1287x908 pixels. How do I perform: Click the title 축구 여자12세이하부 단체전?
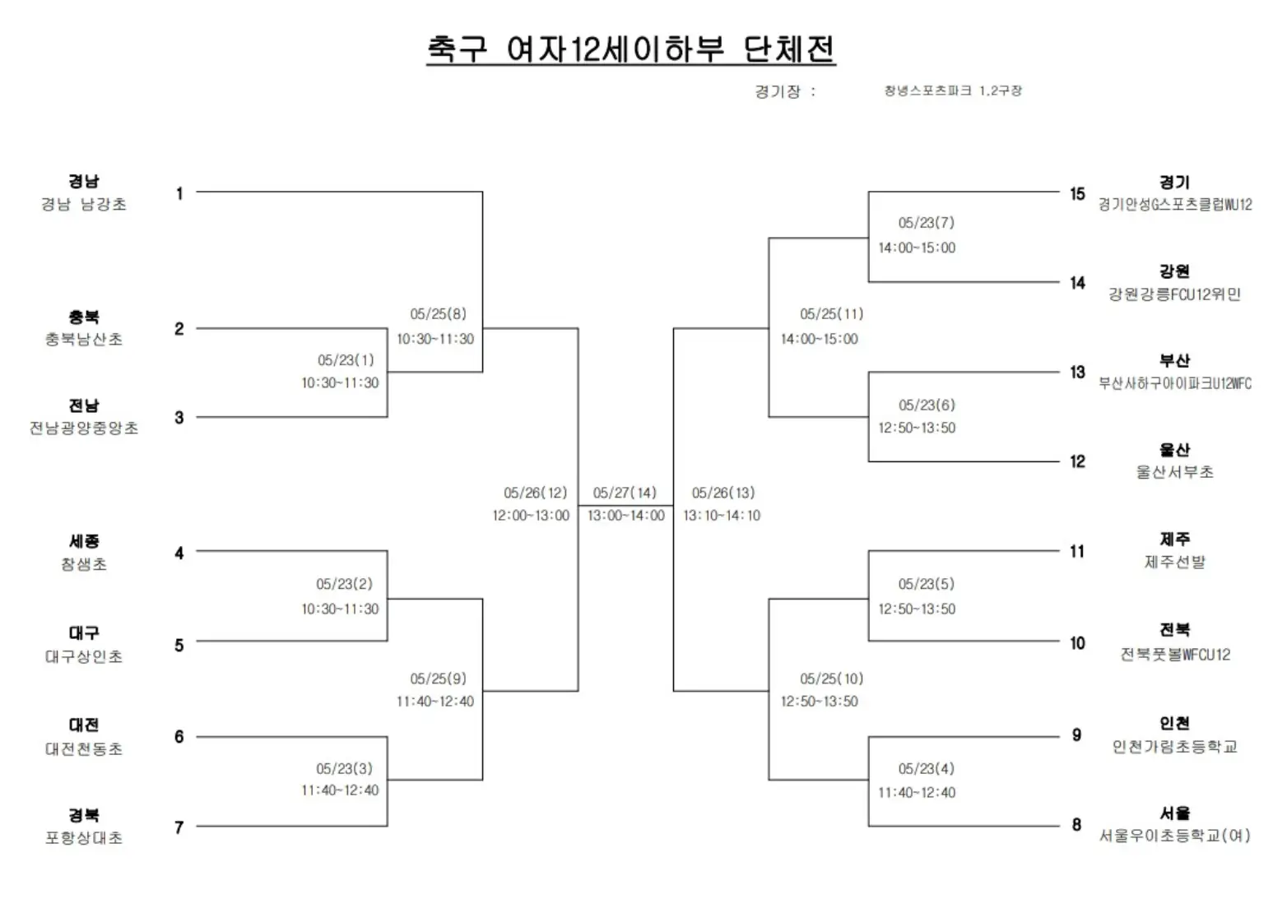pos(630,49)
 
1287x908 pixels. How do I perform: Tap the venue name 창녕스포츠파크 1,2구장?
pos(952,91)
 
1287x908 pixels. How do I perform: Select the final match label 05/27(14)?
pos(625,493)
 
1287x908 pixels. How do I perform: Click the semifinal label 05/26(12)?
pos(535,493)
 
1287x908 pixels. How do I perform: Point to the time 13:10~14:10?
pos(722,516)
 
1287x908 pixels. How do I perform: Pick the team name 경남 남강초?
pos(84,204)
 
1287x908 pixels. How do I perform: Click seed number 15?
pos(1077,194)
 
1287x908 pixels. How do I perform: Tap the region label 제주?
pos(1174,540)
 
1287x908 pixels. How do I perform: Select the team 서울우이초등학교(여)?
pos(1174,836)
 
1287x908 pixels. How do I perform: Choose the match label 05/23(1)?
pos(346,360)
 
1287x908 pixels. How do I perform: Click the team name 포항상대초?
pos(84,838)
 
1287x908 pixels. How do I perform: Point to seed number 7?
pos(179,827)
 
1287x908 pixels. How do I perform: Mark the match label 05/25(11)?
pos(831,314)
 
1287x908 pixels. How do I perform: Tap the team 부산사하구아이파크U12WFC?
pos(1174,383)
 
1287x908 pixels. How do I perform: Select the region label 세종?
pos(84,541)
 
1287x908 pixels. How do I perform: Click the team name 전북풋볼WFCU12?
pos(1174,655)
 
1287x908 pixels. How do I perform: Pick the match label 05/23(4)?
pos(926,769)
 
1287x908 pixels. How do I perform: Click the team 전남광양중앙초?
pos(84,428)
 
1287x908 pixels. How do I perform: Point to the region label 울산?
pos(1174,450)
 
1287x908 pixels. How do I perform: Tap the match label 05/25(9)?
pos(438,679)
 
